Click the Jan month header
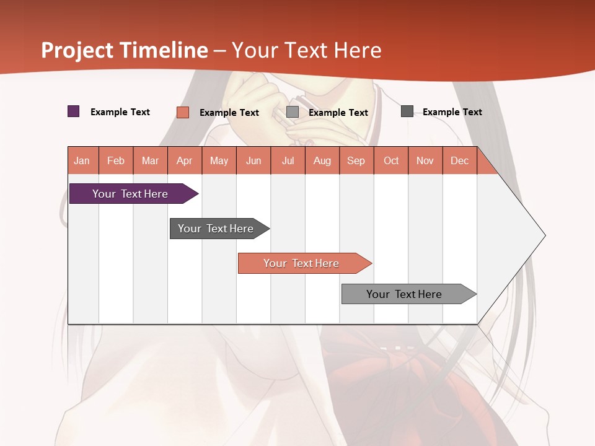tap(82, 160)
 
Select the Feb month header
tap(116, 160)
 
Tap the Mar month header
tap(150, 160)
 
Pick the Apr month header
tap(185, 160)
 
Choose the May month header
tap(219, 160)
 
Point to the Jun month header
tap(253, 160)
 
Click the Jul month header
tap(288, 160)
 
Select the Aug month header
tap(322, 160)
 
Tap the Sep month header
tap(356, 160)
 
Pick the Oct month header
tap(391, 160)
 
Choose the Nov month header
tap(425, 160)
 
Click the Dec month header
tap(460, 160)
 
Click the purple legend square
tap(74, 111)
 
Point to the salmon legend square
tap(183, 112)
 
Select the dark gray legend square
tap(407, 111)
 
